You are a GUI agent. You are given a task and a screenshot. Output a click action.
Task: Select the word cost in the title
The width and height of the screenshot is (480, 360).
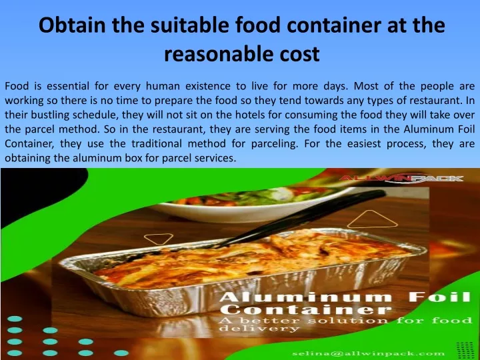click(x=299, y=54)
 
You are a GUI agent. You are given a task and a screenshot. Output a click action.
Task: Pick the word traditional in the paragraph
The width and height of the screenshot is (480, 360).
click(x=157, y=143)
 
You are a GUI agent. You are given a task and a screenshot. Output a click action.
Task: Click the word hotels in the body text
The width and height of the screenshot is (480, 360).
click(x=250, y=115)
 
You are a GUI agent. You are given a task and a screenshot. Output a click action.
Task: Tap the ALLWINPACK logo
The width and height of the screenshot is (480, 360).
click(x=401, y=178)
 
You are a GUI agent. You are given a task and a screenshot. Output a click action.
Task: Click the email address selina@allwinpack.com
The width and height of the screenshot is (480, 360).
click(x=368, y=354)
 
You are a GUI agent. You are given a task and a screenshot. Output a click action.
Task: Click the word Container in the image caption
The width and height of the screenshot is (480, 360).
click(x=305, y=309)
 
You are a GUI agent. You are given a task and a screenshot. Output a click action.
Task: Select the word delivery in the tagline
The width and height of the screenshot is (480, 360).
click(x=259, y=329)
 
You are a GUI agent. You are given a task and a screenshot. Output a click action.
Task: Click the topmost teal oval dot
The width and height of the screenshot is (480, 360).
click(x=15, y=319)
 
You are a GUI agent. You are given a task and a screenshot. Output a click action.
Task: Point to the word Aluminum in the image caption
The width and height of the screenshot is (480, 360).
click(x=305, y=297)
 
